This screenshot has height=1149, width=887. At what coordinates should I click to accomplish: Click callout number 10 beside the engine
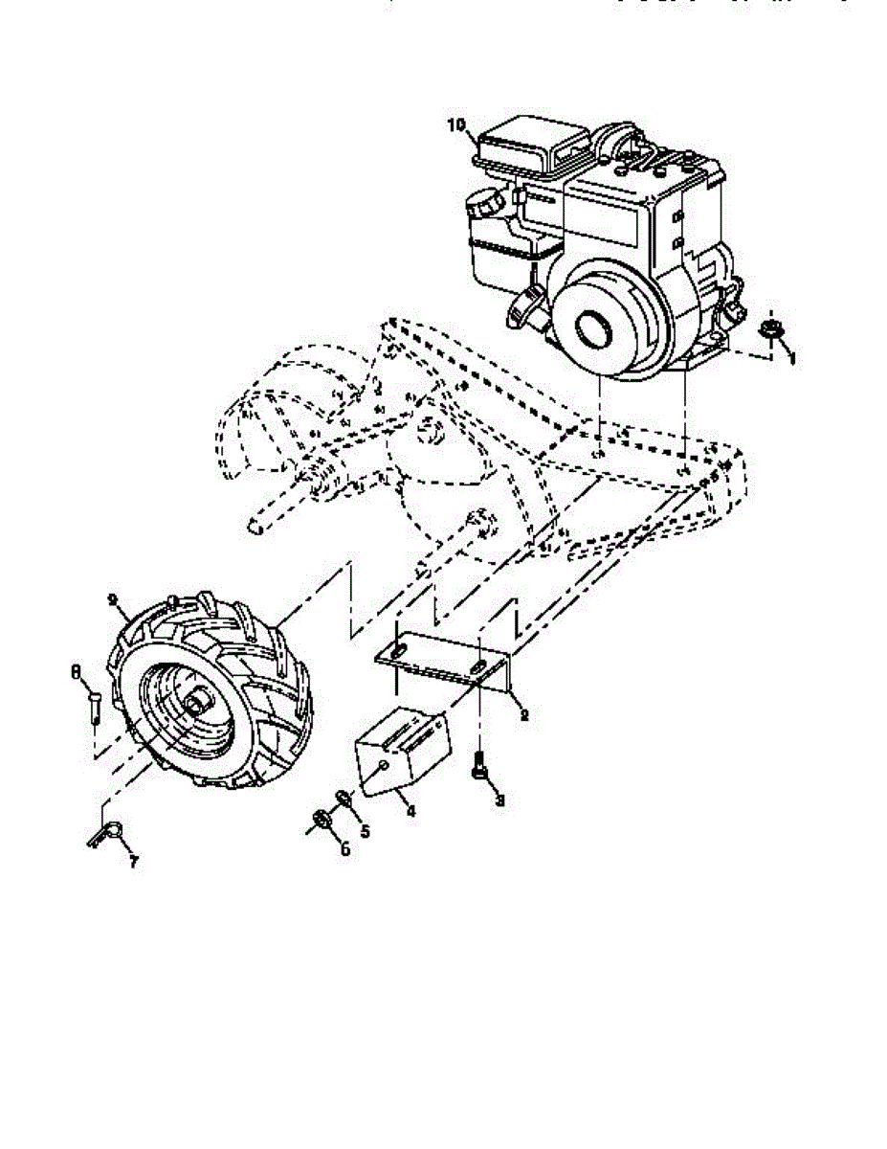(456, 124)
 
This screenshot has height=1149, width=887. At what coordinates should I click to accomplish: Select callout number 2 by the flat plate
(523, 714)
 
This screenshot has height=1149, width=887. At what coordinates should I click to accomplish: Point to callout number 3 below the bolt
(499, 800)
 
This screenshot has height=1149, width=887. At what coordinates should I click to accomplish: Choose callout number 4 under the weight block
(410, 810)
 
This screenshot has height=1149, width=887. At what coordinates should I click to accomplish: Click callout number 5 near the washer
(364, 830)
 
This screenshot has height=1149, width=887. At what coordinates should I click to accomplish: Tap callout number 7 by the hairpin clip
(133, 862)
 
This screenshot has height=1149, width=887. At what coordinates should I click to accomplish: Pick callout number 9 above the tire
(114, 600)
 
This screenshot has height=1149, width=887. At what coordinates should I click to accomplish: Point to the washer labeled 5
(342, 797)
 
